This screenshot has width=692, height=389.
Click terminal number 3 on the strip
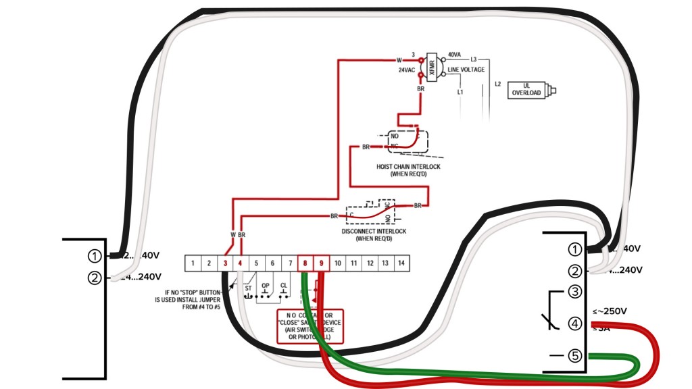[x=225, y=263]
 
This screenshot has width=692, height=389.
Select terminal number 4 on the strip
[x=241, y=263]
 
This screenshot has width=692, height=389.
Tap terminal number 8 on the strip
[x=305, y=263]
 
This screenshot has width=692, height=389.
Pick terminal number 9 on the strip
[x=322, y=263]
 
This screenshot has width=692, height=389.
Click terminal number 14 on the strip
[x=401, y=263]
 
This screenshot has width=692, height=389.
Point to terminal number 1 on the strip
[x=193, y=263]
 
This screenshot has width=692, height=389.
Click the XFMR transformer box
[x=432, y=67]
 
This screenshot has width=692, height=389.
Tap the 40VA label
[x=454, y=55]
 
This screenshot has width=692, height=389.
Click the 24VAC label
[x=406, y=70]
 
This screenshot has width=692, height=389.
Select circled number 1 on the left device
[x=95, y=256]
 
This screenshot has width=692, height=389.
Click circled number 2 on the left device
[x=95, y=277]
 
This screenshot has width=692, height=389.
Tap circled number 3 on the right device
[x=574, y=292]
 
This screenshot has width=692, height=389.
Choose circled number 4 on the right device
[x=574, y=323]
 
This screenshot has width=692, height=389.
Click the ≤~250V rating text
[x=610, y=311]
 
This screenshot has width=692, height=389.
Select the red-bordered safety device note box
[x=310, y=327]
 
